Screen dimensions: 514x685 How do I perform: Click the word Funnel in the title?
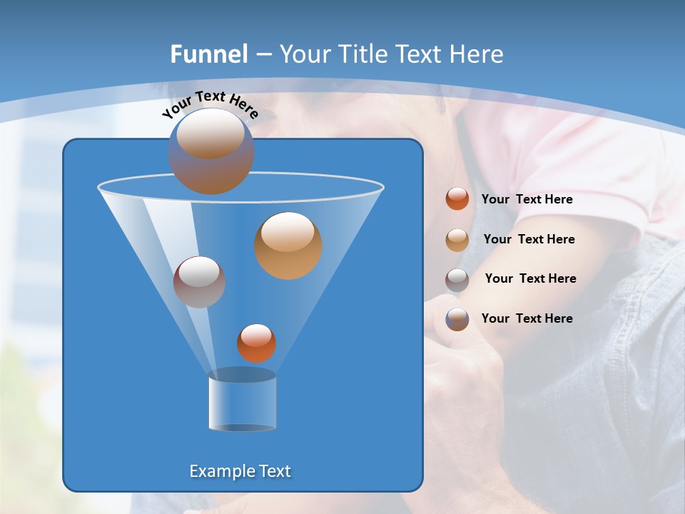tap(208, 54)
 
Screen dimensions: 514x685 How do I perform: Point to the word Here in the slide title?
tap(476, 54)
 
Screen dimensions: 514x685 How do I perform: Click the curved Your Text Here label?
tap(210, 103)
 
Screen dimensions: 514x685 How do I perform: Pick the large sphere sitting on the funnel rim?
tap(211, 151)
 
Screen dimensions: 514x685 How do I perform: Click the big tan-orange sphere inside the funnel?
tap(288, 246)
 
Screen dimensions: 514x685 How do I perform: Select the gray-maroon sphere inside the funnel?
tap(199, 282)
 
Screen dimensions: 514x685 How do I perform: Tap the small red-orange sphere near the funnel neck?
tap(256, 343)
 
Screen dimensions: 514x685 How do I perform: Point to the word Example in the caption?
tap(220, 471)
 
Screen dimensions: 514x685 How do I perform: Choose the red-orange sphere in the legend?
tap(457, 198)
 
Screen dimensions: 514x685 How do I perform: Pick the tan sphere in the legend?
tap(457, 239)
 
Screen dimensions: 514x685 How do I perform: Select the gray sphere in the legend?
tap(457, 279)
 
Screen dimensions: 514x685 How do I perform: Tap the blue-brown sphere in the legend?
tap(457, 319)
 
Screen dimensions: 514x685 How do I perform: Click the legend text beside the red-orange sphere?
tap(527, 199)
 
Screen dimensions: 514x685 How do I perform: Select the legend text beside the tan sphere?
tap(529, 239)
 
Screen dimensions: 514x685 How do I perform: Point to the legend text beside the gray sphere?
tap(530, 278)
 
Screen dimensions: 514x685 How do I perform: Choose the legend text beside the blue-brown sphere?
tap(527, 318)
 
